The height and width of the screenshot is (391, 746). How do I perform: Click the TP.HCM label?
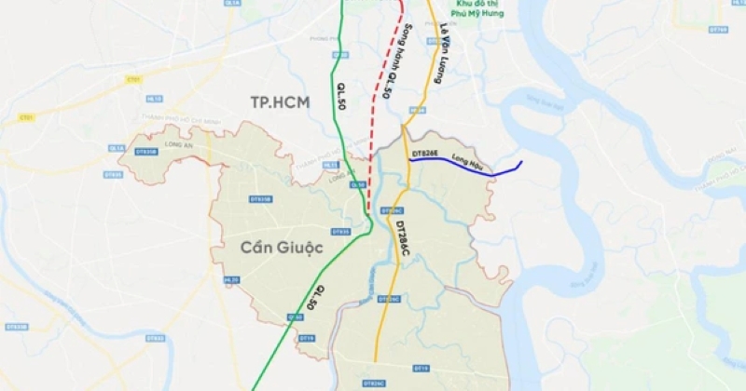280,101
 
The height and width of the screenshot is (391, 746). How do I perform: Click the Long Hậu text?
465,159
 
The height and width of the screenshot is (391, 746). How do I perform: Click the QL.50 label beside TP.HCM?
342,94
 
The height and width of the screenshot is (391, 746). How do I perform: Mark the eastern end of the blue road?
520,164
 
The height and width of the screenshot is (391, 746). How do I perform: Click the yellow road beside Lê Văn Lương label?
427,74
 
